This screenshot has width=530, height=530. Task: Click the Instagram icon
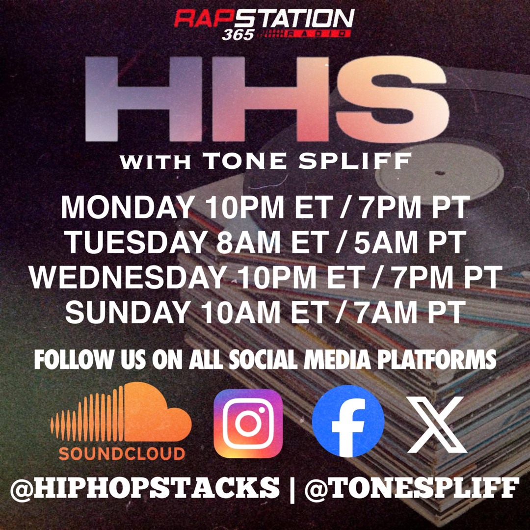[248, 423]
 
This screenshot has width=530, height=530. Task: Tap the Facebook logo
[348, 421]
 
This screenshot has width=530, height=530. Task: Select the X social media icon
[437, 424]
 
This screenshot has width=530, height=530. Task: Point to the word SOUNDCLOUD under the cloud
[122, 453]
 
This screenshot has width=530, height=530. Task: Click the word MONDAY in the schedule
[126, 208]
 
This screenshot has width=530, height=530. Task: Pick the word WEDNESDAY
[127, 278]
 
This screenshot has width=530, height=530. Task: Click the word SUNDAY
[127, 312]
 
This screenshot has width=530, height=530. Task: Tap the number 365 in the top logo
[238, 35]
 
